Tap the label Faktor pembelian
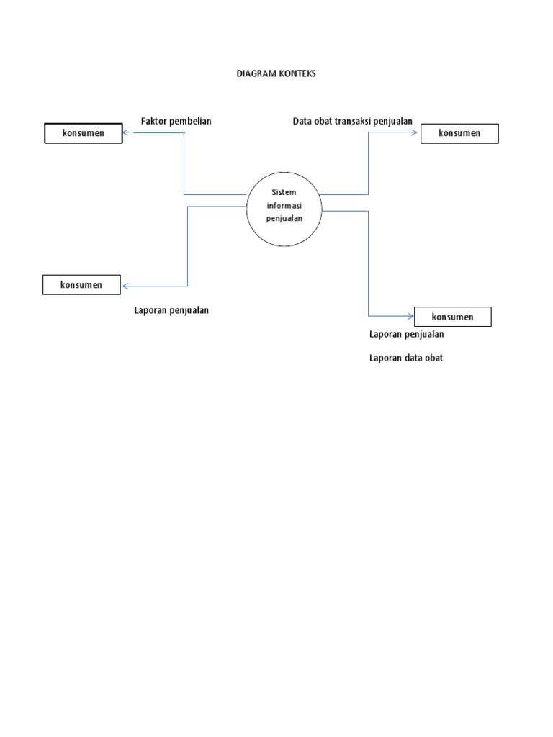tap(176, 121)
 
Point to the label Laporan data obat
tap(406, 358)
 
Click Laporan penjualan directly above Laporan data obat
tap(406, 334)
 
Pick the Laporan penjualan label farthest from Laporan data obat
tap(171, 310)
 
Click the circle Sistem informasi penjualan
tap(284, 208)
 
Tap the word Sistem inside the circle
tap(284, 193)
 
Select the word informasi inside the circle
tap(284, 205)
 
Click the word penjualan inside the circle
tap(284, 218)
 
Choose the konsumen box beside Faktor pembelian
tap(84, 133)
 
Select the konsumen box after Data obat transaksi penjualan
tap(459, 133)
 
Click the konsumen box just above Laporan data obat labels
tap(452, 317)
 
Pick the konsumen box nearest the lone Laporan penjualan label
tap(81, 285)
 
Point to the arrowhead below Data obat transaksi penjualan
tap(416, 133)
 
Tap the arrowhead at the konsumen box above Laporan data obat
tap(410, 315)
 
